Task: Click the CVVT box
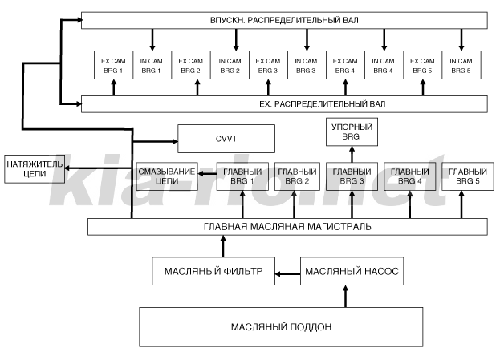click(226, 139)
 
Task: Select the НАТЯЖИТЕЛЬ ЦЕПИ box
click(35, 169)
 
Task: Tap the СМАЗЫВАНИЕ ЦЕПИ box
click(167, 176)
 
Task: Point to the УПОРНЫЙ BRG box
click(352, 132)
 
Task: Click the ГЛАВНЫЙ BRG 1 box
click(242, 176)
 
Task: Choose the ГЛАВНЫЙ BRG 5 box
click(467, 176)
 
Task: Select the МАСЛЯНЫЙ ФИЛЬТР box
click(213, 271)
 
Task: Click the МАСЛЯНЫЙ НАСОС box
click(352, 271)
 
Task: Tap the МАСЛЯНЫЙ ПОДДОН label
click(281, 327)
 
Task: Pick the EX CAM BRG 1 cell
click(113, 65)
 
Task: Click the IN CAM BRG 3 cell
click(307, 65)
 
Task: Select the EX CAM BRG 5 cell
click(422, 65)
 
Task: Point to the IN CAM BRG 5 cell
click(461, 65)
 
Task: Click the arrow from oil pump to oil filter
click(287, 273)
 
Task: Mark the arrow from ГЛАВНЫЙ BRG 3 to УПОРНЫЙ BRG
click(352, 154)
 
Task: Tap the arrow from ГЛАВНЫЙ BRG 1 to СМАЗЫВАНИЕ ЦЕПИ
click(207, 174)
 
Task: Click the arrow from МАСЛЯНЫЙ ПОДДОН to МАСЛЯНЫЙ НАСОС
click(345, 297)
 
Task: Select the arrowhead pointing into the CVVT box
click(175, 141)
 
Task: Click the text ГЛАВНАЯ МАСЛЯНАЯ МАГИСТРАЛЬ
click(287, 227)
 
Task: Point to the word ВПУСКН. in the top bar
click(228, 20)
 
